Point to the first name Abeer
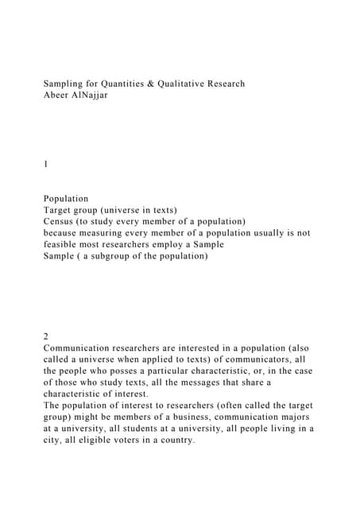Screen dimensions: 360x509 58,95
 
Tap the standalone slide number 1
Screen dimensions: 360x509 46,165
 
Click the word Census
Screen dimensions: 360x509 62,221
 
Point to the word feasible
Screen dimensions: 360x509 63,245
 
